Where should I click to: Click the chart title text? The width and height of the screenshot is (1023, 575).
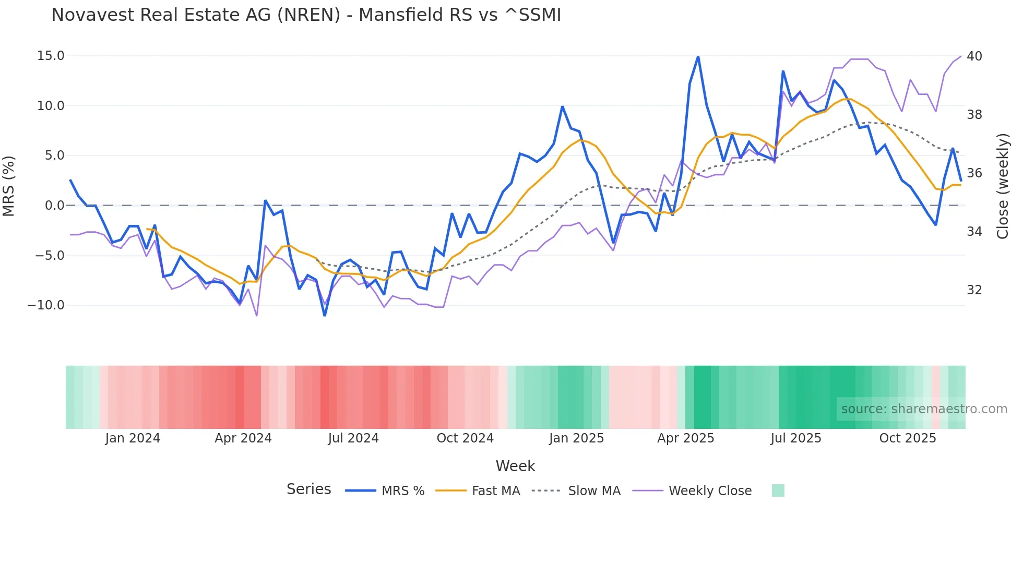coord(306,15)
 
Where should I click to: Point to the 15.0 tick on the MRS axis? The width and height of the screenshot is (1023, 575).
coord(51,56)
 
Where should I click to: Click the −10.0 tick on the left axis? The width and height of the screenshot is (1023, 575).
coord(46,305)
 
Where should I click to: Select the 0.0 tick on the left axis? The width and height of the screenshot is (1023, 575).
coord(54,206)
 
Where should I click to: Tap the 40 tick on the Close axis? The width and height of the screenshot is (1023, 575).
coord(974,56)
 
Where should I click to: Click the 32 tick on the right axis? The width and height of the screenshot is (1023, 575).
coord(974,290)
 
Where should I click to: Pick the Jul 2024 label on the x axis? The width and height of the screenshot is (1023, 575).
coord(353,438)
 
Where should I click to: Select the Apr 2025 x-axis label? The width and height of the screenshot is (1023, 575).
coord(685,438)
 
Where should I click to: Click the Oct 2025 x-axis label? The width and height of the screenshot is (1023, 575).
coord(907,438)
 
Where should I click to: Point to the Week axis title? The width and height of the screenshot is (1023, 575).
coord(515,466)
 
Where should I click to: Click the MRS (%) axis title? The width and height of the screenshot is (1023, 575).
coord(9,186)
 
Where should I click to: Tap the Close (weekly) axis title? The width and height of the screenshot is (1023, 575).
coord(1002,186)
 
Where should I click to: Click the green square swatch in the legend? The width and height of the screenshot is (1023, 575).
coord(778,490)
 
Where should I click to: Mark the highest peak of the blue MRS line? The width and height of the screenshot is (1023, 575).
coord(698,56)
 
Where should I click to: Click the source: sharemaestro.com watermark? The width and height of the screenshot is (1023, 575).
coord(924,409)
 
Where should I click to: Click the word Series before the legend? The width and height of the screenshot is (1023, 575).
coord(308,489)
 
